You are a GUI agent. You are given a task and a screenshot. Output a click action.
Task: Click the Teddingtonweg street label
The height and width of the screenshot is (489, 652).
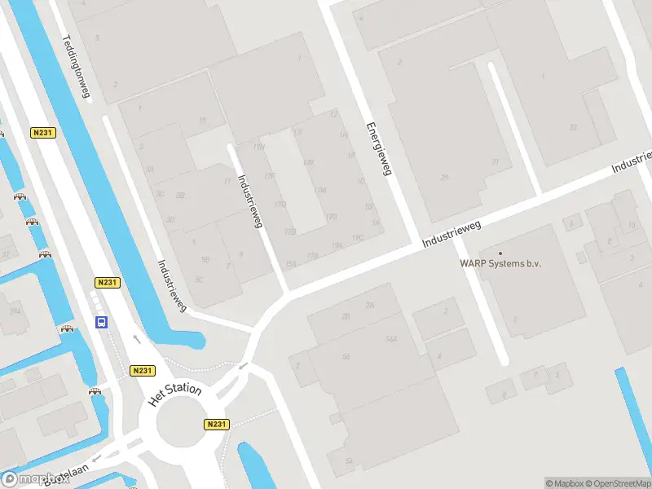76,67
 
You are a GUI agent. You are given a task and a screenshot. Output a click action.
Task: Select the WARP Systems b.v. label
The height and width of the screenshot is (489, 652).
500,263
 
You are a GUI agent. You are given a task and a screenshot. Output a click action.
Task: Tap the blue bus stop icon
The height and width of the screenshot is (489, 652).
102,322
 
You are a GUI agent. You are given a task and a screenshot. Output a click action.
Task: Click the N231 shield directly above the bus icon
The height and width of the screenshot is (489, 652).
107,282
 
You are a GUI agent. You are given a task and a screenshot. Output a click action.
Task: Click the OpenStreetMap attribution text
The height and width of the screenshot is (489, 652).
615,483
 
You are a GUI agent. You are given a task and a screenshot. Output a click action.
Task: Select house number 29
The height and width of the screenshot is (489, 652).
444,177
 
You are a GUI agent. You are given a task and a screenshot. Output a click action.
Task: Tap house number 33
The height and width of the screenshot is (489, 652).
573,127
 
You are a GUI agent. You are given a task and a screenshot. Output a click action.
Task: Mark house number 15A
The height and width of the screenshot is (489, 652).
291,262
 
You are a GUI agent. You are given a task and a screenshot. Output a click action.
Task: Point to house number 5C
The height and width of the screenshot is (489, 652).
199,279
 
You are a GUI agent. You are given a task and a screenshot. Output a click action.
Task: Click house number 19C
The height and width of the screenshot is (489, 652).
357,237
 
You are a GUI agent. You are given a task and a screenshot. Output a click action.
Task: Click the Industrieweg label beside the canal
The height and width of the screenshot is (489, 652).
172,285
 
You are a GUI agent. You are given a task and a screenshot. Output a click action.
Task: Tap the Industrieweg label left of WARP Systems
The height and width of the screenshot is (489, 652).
453,235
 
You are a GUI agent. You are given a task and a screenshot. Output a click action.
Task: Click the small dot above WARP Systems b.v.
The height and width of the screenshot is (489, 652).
500,253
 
